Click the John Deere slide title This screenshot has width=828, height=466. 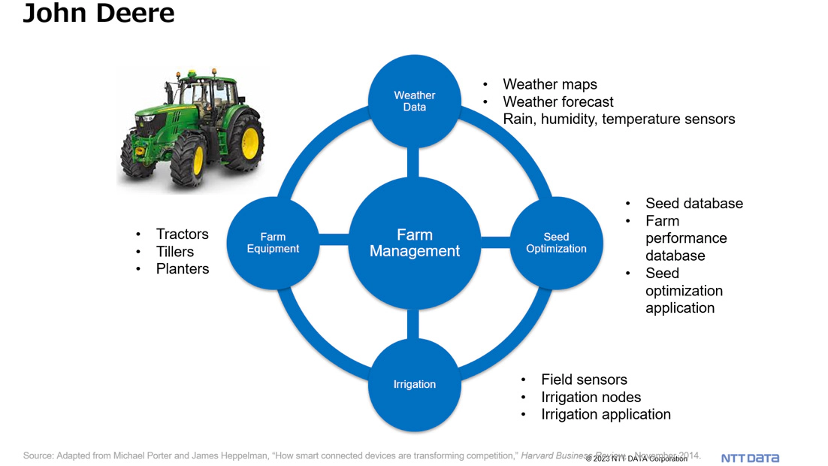[98, 14]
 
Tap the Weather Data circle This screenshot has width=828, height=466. [414, 101]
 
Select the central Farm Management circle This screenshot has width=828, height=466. [414, 243]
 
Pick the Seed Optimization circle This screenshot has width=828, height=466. [556, 243]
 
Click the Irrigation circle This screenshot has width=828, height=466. [414, 384]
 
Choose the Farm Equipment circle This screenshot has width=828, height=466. [273, 243]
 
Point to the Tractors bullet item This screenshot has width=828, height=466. [182, 234]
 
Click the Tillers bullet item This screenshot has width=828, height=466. [174, 251]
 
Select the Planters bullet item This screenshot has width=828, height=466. [183, 268]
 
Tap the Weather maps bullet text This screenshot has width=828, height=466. [550, 84]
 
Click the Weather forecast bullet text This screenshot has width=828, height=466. [558, 101]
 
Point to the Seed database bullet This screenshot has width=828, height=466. [694, 203]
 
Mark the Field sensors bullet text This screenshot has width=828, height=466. [584, 380]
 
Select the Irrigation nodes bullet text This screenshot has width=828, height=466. [591, 397]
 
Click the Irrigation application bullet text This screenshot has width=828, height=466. [606, 414]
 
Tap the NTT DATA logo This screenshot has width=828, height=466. [750, 458]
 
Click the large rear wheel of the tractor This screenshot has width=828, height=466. [243, 142]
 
